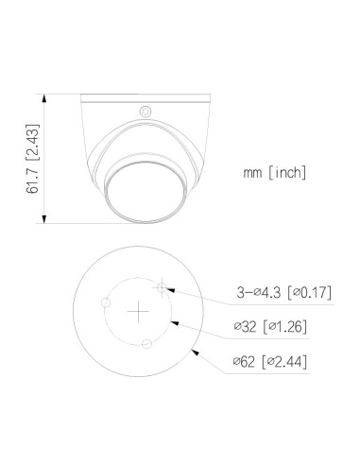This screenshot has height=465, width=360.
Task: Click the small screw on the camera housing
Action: tap(146, 112)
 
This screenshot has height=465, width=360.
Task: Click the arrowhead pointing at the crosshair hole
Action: tap(171, 289)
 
